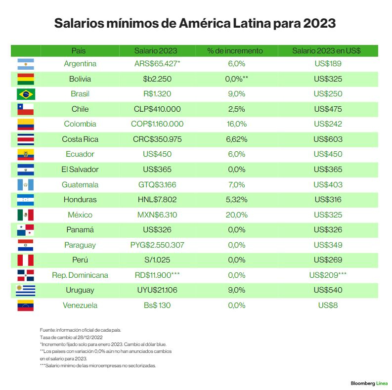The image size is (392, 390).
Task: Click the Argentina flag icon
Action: click(x=25, y=64)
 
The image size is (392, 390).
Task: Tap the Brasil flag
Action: click(x=25, y=94)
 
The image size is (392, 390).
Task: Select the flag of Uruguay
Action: click(x=25, y=290)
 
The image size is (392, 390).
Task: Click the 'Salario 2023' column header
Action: click(x=156, y=50)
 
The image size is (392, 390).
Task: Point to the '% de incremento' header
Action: click(x=235, y=50)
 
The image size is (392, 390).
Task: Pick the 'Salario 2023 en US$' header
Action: click(x=326, y=50)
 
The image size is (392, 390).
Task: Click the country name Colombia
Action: click(x=80, y=124)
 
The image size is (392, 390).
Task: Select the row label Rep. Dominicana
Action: click(x=80, y=275)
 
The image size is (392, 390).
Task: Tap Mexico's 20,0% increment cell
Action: click(x=236, y=215)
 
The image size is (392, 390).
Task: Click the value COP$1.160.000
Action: click(x=158, y=124)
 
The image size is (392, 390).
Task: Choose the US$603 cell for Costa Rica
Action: click(x=328, y=139)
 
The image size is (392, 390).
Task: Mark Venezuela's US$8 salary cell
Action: click(x=328, y=305)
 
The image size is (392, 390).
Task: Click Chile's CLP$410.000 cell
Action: click(x=157, y=109)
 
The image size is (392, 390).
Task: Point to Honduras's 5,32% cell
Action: click(x=236, y=200)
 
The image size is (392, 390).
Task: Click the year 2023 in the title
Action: click(x=319, y=23)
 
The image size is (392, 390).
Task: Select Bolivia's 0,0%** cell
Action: click(x=236, y=79)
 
